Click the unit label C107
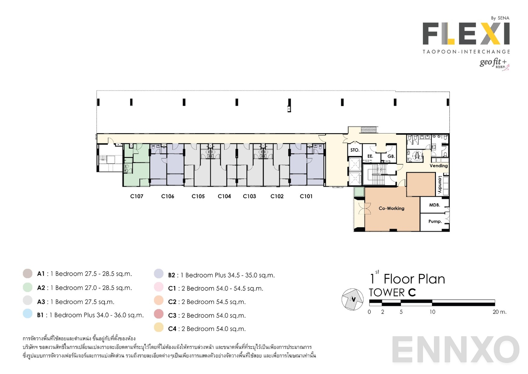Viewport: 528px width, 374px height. click(137, 196)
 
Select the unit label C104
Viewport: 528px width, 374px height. click(224, 196)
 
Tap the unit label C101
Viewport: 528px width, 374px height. click(306, 196)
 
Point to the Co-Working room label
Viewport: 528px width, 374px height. click(391, 208)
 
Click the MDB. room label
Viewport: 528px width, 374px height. click(434, 205)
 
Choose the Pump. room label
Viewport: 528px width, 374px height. click(435, 221)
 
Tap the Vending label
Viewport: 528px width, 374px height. click(439, 166)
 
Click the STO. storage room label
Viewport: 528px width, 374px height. click(355, 150)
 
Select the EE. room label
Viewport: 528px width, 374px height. click(370, 156)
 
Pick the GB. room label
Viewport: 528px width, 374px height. click(391, 156)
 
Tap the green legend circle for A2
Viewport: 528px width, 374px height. click(28, 287)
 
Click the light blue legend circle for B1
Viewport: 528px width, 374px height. click(28, 314)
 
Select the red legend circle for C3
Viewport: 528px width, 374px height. click(159, 314)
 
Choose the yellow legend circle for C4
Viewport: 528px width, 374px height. click(159, 327)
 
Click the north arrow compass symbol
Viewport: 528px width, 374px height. click(353, 299)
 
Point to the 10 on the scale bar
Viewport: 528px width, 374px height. click(432, 312)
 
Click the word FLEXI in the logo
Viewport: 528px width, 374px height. click(466, 33)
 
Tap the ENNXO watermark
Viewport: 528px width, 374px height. click(455, 350)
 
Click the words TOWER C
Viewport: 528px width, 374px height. click(392, 293)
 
